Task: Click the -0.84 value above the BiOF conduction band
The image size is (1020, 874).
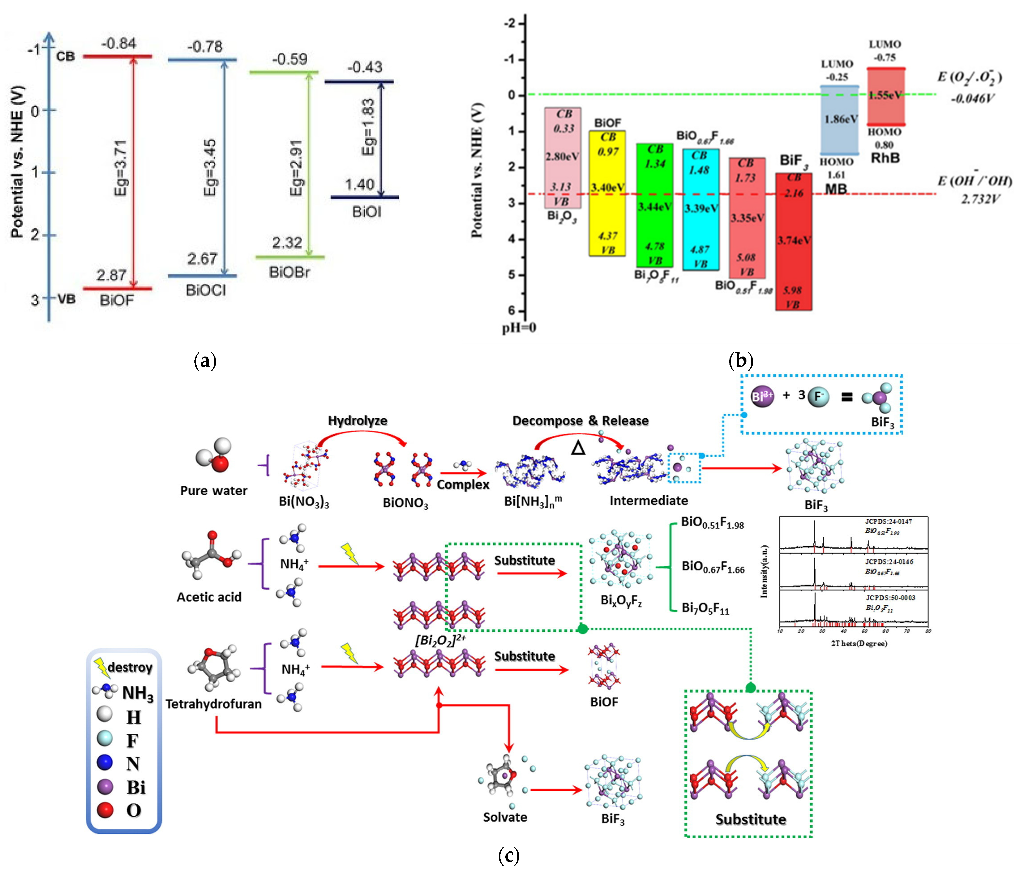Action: point(119,44)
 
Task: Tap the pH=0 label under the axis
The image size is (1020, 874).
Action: point(519,328)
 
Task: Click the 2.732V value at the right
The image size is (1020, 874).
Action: point(980,199)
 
